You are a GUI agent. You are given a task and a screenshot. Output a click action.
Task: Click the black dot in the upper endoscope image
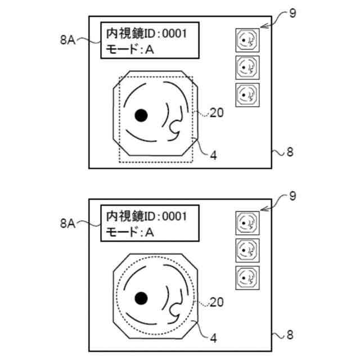click(141, 115)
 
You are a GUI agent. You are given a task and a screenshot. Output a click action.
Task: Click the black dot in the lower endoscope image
click(141, 298)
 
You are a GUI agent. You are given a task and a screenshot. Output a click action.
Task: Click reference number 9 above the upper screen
click(292, 13)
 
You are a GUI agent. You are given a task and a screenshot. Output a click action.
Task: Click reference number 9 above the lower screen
click(292, 196)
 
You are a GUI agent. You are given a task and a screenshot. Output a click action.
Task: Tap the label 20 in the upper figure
click(217, 113)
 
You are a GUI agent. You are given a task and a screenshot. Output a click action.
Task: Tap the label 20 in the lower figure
click(217, 303)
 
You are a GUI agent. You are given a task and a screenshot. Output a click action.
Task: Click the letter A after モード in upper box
click(149, 50)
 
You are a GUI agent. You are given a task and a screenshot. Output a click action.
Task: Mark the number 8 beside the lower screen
click(290, 335)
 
